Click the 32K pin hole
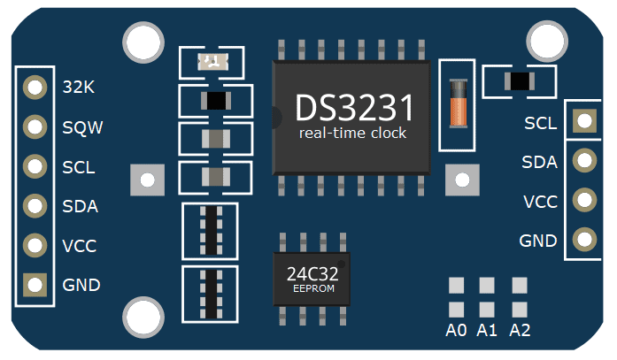point(35,87)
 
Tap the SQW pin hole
point(35,126)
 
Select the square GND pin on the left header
point(35,285)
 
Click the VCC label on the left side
point(80,246)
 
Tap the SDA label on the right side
point(540,162)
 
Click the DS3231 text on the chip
point(354,108)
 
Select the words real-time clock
point(352,134)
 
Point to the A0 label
point(456,331)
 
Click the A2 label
point(520,331)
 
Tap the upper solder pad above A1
point(487,286)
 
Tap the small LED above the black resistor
point(209,61)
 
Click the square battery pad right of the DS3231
point(460,180)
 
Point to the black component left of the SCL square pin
point(519,82)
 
